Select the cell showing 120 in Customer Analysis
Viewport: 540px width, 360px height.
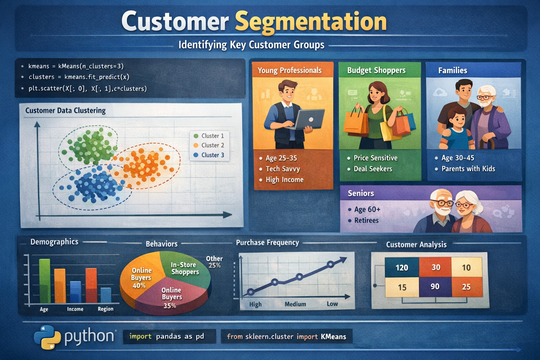point(402,268)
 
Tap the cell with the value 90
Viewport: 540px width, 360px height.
point(435,287)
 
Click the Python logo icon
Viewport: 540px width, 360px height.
point(47,337)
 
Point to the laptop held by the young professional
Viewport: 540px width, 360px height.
point(309,119)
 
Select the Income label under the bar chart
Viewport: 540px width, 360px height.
point(75,309)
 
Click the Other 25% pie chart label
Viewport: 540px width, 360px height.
point(214,262)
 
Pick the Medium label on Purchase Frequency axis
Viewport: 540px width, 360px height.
point(295,304)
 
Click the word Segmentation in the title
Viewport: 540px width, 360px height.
point(311,22)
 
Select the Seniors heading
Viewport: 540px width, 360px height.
point(361,193)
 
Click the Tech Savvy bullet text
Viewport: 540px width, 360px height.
point(283,169)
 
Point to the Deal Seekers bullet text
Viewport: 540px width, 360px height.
point(373,169)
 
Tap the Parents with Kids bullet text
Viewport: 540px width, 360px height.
point(468,169)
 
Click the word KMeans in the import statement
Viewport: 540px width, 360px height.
point(333,337)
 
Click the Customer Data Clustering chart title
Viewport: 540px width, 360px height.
point(65,110)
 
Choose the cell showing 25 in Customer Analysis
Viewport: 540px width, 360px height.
point(466,287)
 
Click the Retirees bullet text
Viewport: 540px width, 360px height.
point(366,220)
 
